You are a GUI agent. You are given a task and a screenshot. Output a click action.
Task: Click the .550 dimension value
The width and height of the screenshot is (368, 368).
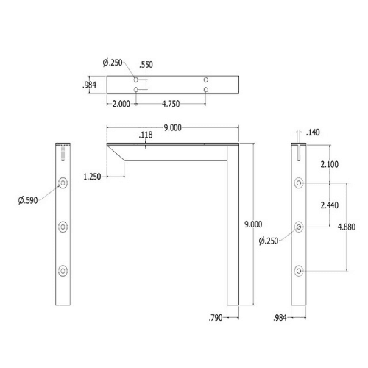(146, 64)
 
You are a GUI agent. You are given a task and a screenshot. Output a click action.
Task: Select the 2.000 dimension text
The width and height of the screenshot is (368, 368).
(121, 104)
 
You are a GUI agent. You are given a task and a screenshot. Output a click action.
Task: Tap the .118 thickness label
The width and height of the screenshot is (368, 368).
(146, 135)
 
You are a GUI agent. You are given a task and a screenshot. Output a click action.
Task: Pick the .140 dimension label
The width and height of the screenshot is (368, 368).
(313, 132)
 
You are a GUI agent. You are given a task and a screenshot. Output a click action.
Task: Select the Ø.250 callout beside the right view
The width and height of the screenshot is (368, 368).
(270, 241)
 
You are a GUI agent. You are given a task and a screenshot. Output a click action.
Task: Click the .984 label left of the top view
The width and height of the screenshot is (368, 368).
(91, 84)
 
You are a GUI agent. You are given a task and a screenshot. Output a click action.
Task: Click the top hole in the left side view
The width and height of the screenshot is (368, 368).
(63, 182)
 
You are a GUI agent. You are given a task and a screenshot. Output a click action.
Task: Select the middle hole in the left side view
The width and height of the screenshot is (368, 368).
(63, 226)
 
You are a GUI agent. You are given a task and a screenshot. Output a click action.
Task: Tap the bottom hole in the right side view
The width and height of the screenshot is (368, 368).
(298, 271)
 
